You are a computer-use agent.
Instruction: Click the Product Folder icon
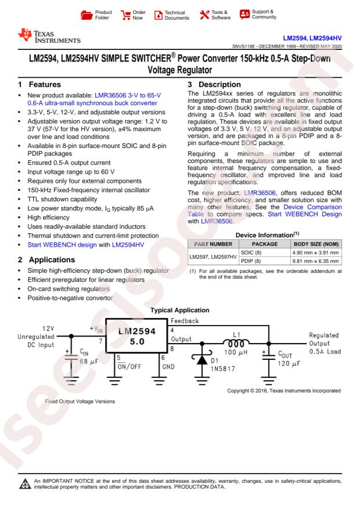[87, 14]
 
